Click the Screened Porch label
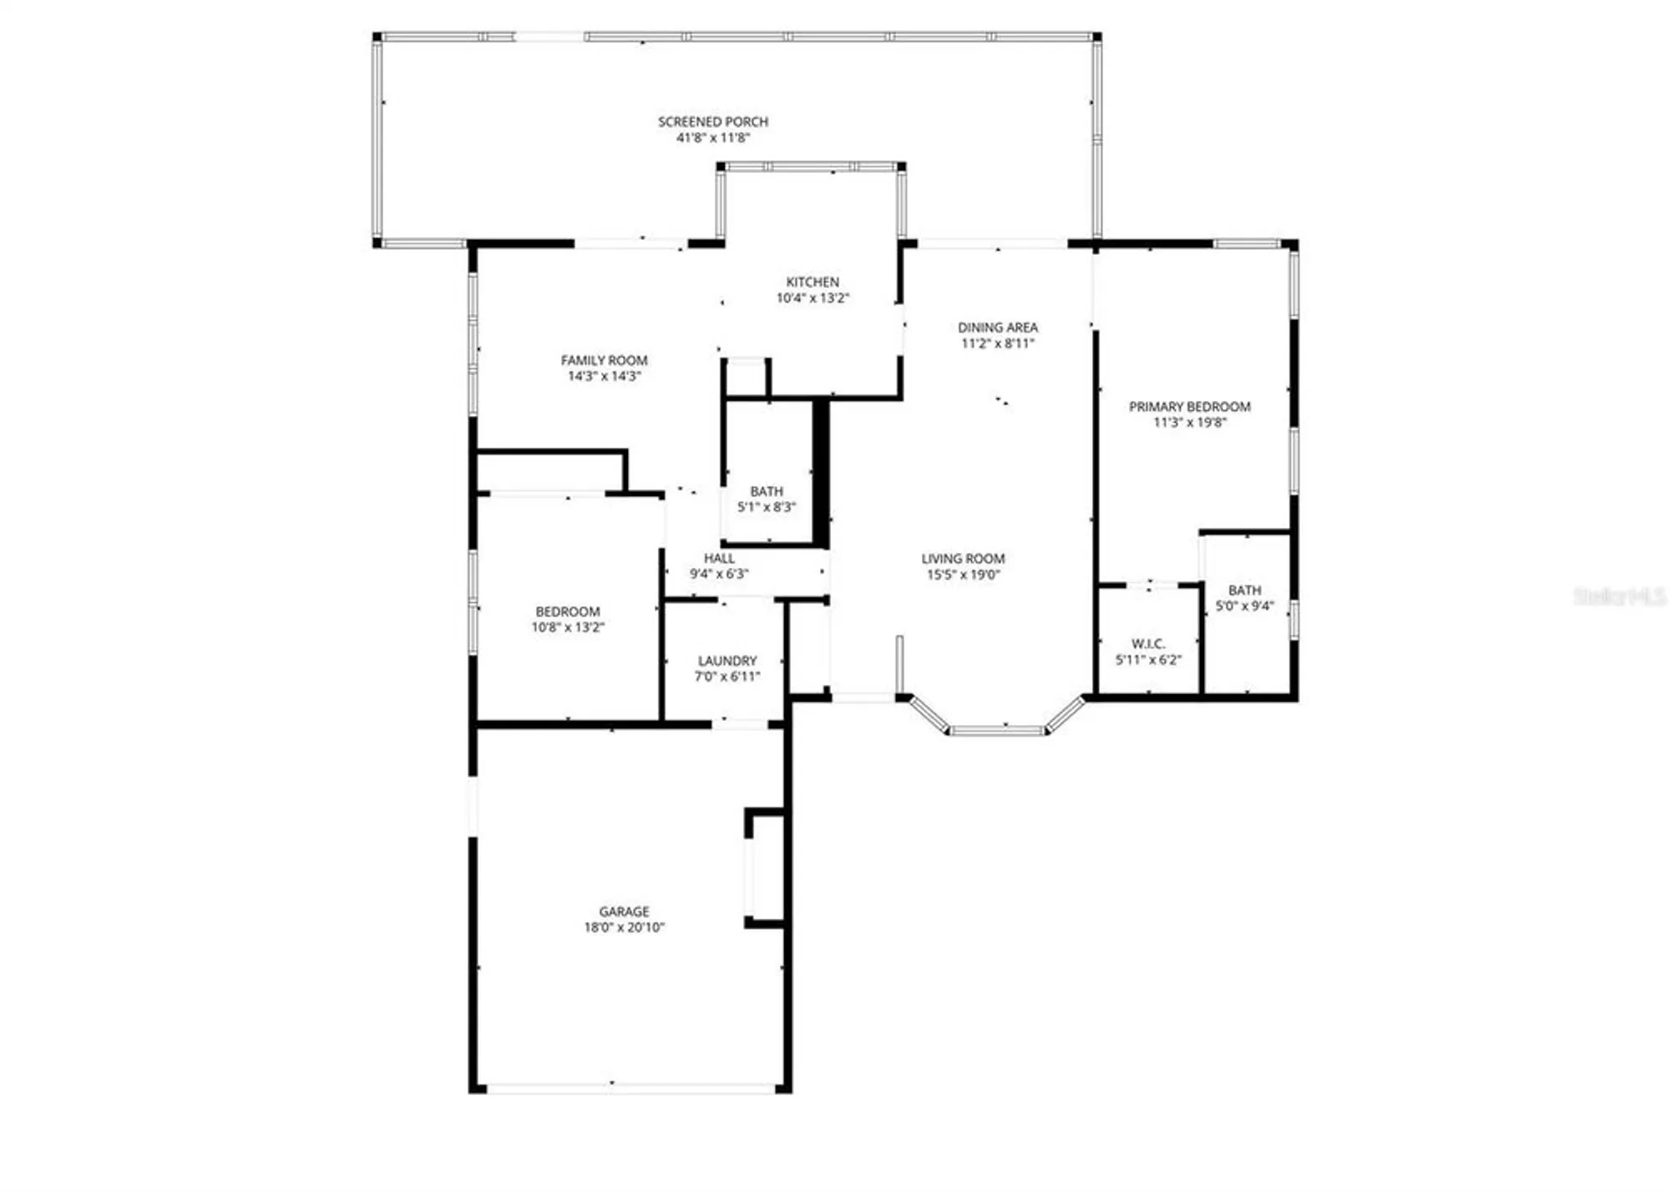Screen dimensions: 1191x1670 pos(712,122)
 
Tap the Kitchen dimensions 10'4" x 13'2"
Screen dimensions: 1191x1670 pos(812,298)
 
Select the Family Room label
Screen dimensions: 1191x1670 pos(604,360)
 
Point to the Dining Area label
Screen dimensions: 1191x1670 pos(997,327)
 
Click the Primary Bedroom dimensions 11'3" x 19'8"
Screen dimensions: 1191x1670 pos(1189,423)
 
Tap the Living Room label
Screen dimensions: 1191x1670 pos(963,558)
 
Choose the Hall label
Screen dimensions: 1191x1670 pos(719,558)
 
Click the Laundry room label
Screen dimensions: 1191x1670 pos(727,661)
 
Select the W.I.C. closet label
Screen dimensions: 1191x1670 pos(1147,644)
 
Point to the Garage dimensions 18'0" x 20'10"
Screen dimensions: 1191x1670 pos(624,927)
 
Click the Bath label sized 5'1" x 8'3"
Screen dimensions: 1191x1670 pos(767,491)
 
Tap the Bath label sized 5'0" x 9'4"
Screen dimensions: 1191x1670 pos(1244,590)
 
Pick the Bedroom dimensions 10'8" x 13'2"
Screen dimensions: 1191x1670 pos(567,627)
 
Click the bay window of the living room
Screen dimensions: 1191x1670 pos(997,730)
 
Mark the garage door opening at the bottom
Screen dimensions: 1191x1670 pos(630,1088)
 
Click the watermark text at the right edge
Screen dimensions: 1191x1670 pos(1619,596)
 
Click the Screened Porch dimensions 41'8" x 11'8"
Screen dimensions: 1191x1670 pos(712,138)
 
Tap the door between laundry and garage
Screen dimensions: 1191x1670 pos(740,723)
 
